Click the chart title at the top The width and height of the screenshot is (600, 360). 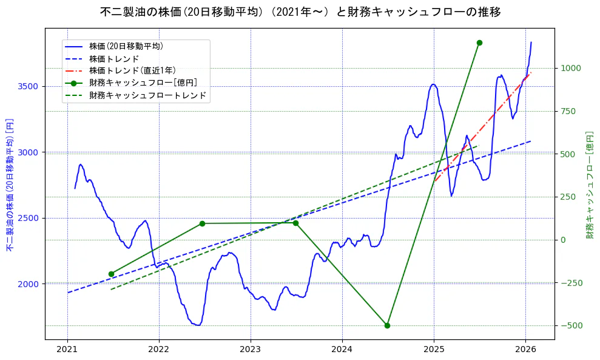(x=300, y=12)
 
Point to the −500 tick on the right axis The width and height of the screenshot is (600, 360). (x=570, y=326)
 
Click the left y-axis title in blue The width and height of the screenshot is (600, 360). (x=10, y=185)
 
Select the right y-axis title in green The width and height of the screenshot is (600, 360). (x=589, y=185)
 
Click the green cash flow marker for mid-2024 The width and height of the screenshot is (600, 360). (x=387, y=325)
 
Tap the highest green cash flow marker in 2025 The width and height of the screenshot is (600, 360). (x=479, y=42)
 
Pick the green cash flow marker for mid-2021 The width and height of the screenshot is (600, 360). (x=111, y=274)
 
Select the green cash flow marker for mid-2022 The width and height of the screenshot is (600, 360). (x=202, y=223)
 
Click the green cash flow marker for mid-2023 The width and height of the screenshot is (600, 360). (x=295, y=223)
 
